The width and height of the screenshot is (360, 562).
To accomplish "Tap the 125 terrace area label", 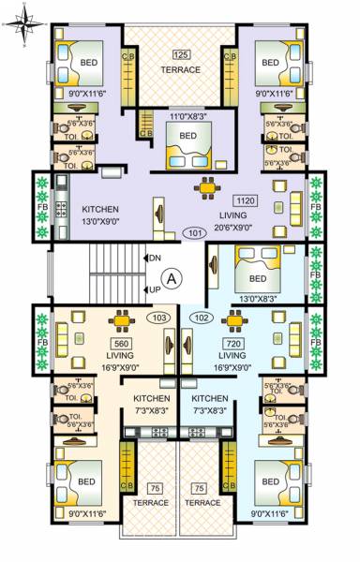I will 181,54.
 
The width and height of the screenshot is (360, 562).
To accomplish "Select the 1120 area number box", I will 245,201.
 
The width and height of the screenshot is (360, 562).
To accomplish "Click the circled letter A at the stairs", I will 171,277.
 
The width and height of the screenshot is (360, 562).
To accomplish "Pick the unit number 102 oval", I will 200,318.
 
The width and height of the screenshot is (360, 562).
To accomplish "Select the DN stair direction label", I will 156,257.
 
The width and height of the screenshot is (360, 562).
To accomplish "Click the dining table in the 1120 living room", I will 205,189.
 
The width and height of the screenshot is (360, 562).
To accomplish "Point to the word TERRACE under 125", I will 181,70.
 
